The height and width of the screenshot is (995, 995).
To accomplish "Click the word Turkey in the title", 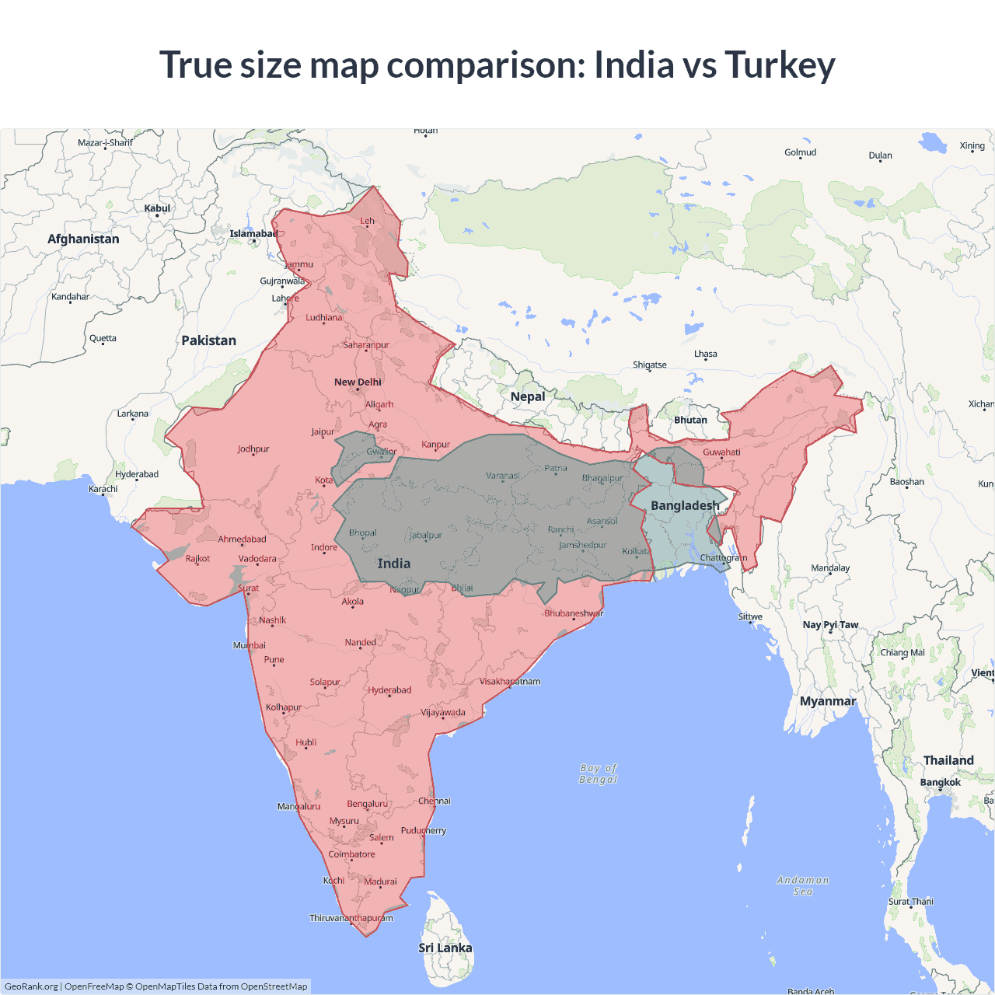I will pyautogui.click(x=780, y=65).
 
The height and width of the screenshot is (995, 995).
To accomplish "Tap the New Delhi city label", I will pyautogui.click(x=358, y=382).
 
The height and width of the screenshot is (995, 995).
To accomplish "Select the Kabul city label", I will pyautogui.click(x=157, y=208).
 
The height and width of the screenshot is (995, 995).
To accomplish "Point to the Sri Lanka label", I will pyautogui.click(x=445, y=948).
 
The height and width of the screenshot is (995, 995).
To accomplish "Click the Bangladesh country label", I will pyautogui.click(x=685, y=506).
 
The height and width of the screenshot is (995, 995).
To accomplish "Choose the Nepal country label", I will pyautogui.click(x=528, y=396).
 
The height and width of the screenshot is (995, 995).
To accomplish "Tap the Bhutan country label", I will pyautogui.click(x=690, y=420).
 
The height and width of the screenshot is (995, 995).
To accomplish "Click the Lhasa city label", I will pyautogui.click(x=706, y=354).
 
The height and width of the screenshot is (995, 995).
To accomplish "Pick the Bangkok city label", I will pyautogui.click(x=941, y=782).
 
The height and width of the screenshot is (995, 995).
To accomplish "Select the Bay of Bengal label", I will pyautogui.click(x=599, y=773).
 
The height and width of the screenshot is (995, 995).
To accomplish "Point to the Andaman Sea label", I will pyautogui.click(x=803, y=885).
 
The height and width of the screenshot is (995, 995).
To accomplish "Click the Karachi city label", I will pyautogui.click(x=103, y=489).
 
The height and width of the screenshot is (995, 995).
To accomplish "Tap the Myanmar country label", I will pyautogui.click(x=828, y=701).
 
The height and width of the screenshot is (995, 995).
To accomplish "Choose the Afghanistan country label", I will pyautogui.click(x=83, y=239).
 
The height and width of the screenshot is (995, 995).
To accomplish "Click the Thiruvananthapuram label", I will pyautogui.click(x=351, y=918).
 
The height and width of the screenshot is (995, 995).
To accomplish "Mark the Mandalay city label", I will pyautogui.click(x=830, y=568).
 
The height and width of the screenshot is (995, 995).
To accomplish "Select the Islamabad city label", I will pyautogui.click(x=253, y=234).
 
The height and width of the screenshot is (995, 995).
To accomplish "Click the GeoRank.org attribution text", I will pyautogui.click(x=31, y=986).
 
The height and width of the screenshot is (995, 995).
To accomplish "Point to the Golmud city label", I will pyautogui.click(x=800, y=152).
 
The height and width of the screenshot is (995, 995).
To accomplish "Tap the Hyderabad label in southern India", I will pyautogui.click(x=389, y=690).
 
